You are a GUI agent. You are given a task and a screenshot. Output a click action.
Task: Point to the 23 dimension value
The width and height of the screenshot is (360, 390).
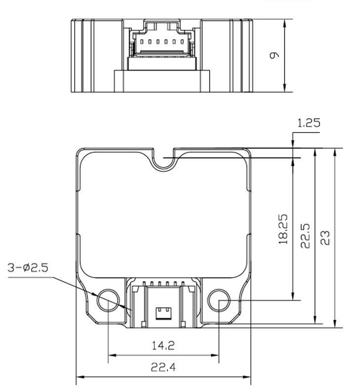tap(325, 237)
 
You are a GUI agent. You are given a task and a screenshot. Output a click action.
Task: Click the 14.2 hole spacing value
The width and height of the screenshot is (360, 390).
tap(163, 345)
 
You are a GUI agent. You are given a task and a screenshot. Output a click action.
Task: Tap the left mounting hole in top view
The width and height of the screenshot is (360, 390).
tap(108, 301)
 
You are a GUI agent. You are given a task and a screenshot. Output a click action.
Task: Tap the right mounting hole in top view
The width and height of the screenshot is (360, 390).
tap(219, 301)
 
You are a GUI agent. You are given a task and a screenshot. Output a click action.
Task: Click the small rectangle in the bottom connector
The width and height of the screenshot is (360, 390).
tap(163, 312)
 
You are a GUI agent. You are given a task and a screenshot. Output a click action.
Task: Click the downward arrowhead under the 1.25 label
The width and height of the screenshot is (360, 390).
tap(293, 144)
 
